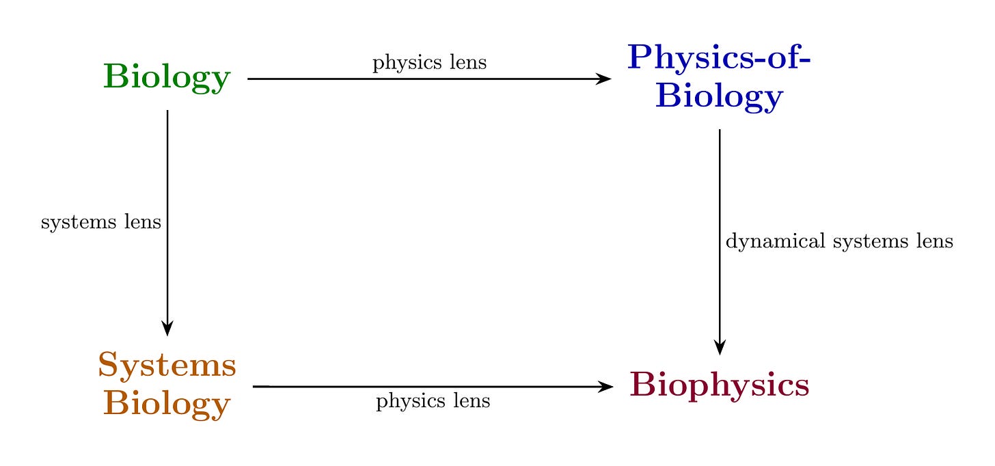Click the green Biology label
(x=167, y=78)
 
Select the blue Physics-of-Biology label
(x=719, y=77)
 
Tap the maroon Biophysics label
(x=720, y=385)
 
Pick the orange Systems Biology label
(x=167, y=385)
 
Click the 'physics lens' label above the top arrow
(x=429, y=63)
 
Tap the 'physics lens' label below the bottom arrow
(x=433, y=401)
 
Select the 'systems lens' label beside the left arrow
(x=101, y=222)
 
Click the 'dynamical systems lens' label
(x=839, y=241)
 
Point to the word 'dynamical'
(x=765, y=241)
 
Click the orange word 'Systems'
(x=167, y=366)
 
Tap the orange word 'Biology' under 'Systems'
(x=167, y=404)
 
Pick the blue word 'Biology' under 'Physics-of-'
(x=719, y=96)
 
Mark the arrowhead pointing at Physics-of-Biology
(x=605, y=79)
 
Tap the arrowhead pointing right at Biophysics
(x=606, y=387)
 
